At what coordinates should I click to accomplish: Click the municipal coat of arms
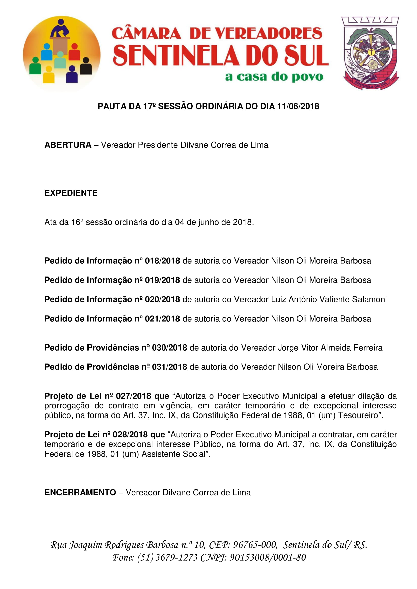pos(370,53)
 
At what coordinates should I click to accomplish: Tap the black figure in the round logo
pos(86,66)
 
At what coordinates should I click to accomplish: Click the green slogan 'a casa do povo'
pos(274,77)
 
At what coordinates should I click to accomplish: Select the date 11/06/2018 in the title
pos(298,106)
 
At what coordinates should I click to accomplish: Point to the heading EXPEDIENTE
pos(71,193)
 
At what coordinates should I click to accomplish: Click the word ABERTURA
pos(68,145)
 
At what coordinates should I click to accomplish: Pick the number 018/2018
pos(162,261)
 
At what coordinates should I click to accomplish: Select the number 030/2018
pos(169,348)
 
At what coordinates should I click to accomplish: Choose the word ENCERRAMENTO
pos(80,492)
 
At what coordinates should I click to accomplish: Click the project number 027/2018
pos(134,396)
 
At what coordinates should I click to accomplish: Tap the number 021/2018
pos(162,319)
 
